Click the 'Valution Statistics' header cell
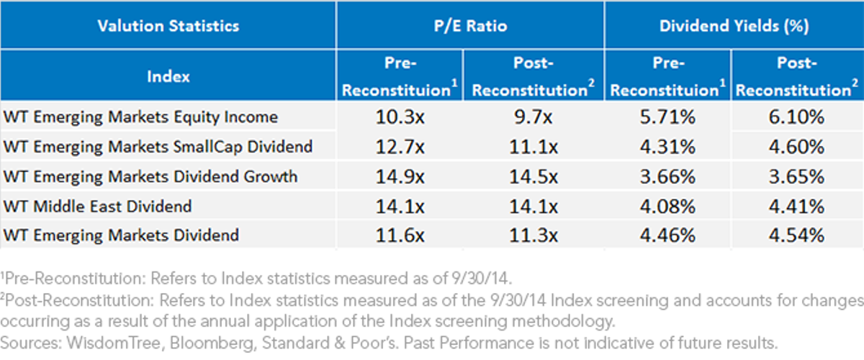168,26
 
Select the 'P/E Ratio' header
470,26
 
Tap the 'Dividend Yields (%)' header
734,26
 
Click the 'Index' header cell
168,76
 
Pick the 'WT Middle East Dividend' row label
97,206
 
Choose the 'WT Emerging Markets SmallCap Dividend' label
158,147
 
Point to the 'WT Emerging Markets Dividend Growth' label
150,176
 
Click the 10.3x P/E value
400,117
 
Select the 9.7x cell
533,117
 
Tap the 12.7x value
400,147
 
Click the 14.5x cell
533,176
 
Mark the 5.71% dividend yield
667,117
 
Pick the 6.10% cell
796,117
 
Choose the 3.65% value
796,176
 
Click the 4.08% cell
667,206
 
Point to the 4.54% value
796,235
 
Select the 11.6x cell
400,235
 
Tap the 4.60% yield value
796,147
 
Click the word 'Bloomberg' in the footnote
212,343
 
